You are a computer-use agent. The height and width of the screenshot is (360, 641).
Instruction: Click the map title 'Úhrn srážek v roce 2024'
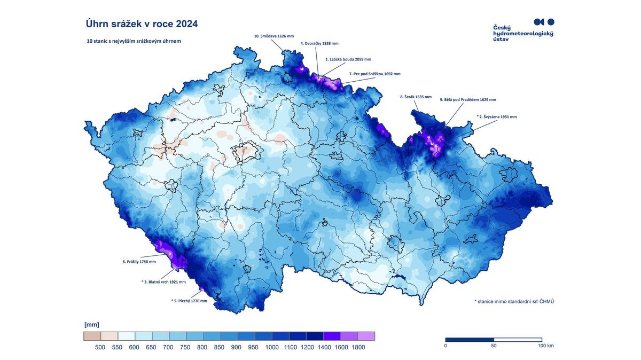pyautogui.click(x=142, y=24)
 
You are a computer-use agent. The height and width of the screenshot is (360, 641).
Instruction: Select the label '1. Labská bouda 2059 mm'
pyautogui.click(x=348, y=60)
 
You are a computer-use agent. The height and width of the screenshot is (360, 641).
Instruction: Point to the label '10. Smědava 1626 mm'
pyautogui.click(x=273, y=36)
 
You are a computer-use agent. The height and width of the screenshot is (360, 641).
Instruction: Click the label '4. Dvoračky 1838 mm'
pyautogui.click(x=319, y=43)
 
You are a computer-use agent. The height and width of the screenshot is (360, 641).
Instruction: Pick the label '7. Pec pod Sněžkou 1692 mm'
pyautogui.click(x=374, y=74)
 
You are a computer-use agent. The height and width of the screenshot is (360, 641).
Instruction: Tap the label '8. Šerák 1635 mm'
pyautogui.click(x=416, y=97)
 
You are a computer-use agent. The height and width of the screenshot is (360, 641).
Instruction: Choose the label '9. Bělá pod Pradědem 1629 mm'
pyautogui.click(x=468, y=99)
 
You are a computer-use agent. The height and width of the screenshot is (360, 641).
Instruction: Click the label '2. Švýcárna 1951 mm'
pyautogui.click(x=497, y=116)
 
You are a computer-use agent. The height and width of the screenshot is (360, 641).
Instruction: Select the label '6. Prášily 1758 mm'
pyautogui.click(x=139, y=262)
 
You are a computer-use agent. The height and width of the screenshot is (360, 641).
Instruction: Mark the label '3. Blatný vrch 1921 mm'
pyautogui.click(x=163, y=281)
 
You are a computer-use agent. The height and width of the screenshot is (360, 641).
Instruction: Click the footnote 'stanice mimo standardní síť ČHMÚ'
pyautogui.click(x=514, y=302)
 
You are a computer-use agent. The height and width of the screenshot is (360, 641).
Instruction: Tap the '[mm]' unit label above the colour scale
pyautogui.click(x=91, y=324)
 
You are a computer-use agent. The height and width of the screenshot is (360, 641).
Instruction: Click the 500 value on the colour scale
pyautogui.click(x=100, y=347)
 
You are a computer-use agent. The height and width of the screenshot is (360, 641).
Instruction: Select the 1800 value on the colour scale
pyautogui.click(x=358, y=347)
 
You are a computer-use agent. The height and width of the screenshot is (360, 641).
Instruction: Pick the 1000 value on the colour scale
pyautogui.click(x=272, y=347)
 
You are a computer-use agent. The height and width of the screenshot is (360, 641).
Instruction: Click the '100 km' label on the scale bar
pyautogui.click(x=546, y=346)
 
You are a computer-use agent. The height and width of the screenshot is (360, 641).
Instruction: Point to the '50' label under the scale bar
pyautogui.click(x=494, y=346)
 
